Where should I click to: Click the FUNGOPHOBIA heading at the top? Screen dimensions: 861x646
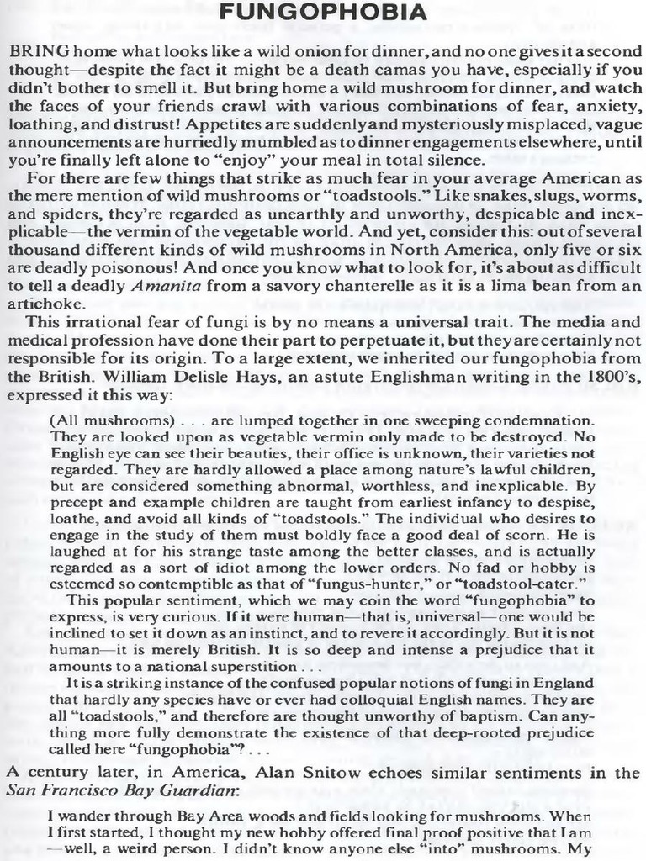click(x=323, y=15)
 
